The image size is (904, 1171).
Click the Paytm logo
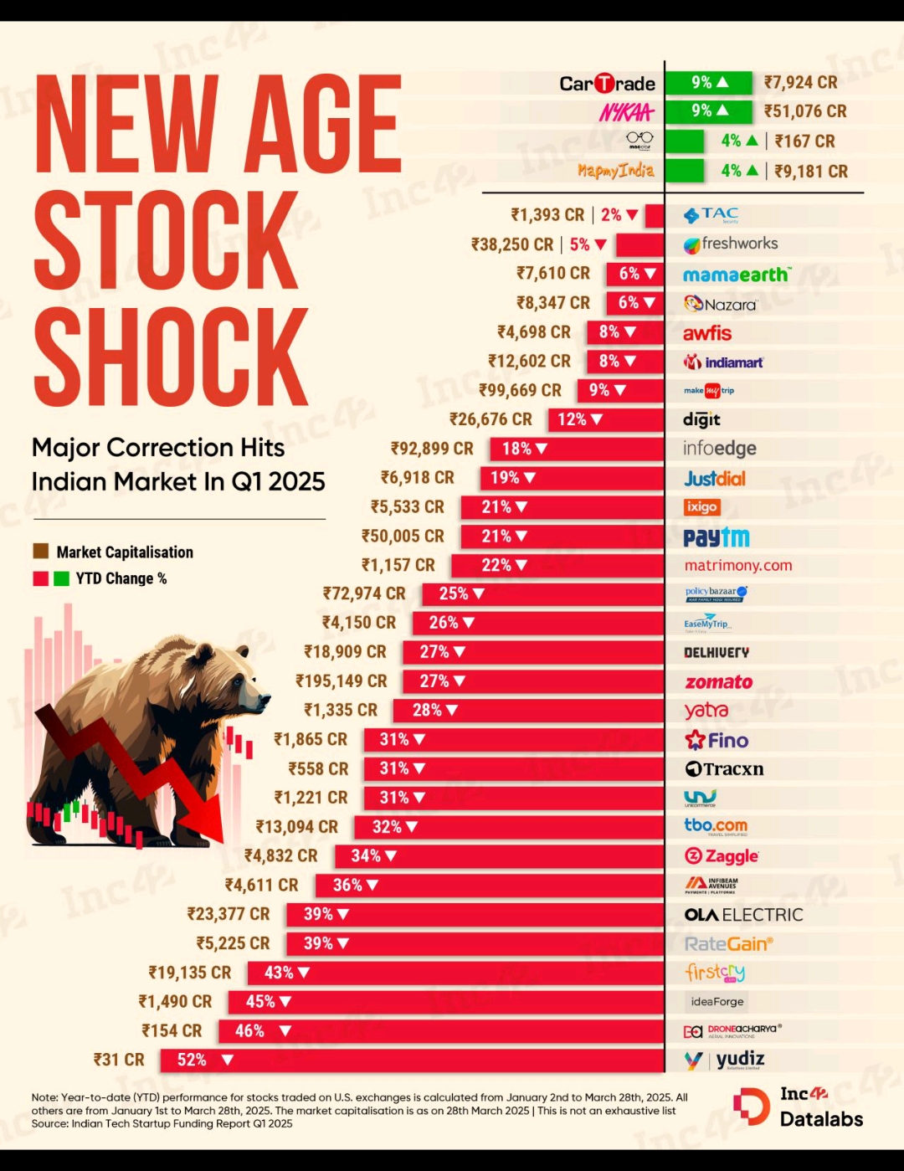tap(717, 537)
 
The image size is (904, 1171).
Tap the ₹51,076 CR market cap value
tap(804, 111)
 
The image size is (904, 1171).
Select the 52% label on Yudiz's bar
tap(192, 1060)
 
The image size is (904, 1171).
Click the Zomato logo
tap(718, 682)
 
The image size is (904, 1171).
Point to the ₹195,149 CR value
tap(342, 681)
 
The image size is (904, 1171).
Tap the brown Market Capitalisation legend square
tap(40, 552)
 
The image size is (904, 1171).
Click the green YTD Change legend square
tap(61, 578)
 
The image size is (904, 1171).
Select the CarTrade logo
tap(607, 84)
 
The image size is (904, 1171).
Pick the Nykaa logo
tap(626, 112)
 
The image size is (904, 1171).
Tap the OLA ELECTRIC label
tap(743, 915)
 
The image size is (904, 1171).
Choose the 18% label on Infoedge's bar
tap(516, 449)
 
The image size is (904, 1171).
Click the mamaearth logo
tap(736, 275)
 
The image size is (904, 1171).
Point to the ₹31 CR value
tap(119, 1060)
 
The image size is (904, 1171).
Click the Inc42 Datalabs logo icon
tap(751, 1107)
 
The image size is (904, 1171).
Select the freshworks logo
tap(731, 244)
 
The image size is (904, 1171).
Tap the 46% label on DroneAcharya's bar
tap(249, 1031)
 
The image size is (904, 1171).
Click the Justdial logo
tap(715, 479)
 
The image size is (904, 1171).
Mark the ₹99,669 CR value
tap(520, 391)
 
